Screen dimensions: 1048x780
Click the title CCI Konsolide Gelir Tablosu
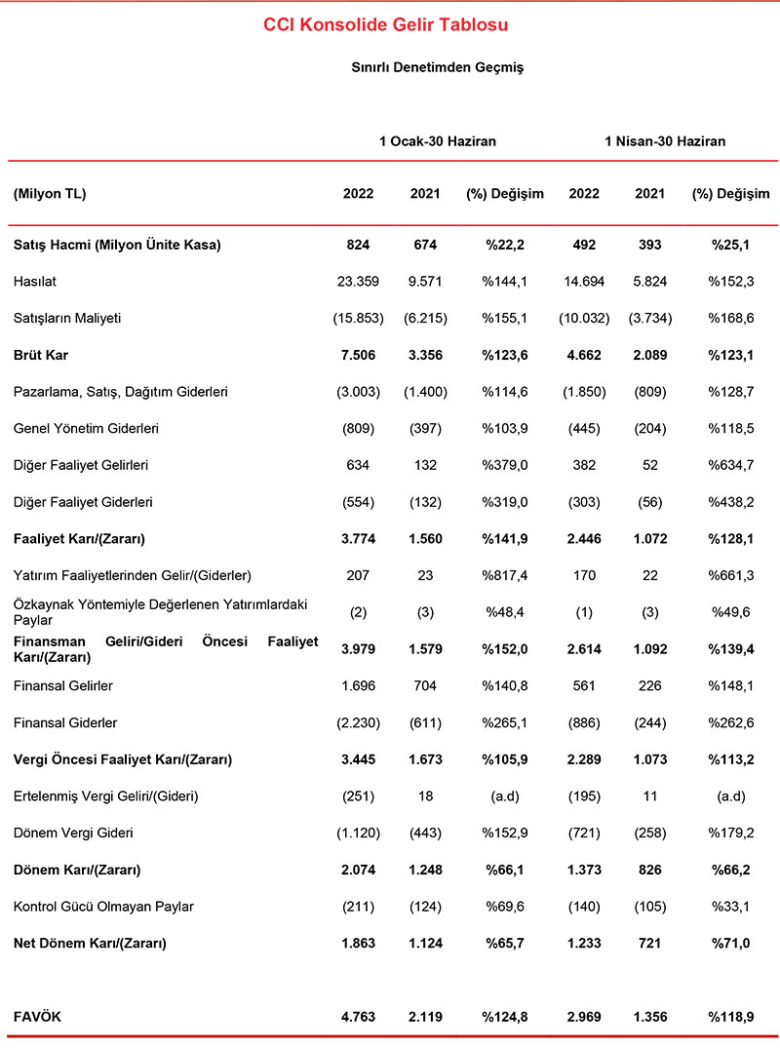(386, 24)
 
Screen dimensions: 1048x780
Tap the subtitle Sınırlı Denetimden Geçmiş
(438, 67)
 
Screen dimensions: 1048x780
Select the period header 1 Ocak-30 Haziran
(438, 141)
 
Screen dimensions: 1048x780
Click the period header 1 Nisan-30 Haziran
(665, 141)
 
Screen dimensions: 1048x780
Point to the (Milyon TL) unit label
(51, 194)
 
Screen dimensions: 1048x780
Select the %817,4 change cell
(505, 576)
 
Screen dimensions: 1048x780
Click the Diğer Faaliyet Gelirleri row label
(81, 465)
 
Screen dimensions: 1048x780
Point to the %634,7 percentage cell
(730, 465)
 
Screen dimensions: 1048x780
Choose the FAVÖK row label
(36, 1017)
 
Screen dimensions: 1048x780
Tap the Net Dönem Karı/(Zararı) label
(90, 944)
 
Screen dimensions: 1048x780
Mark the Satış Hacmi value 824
(359, 245)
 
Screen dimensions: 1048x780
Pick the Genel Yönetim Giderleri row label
(87, 428)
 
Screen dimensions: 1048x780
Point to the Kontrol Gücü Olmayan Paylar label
(103, 907)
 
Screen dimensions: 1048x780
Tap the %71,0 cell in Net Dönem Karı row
(730, 944)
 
